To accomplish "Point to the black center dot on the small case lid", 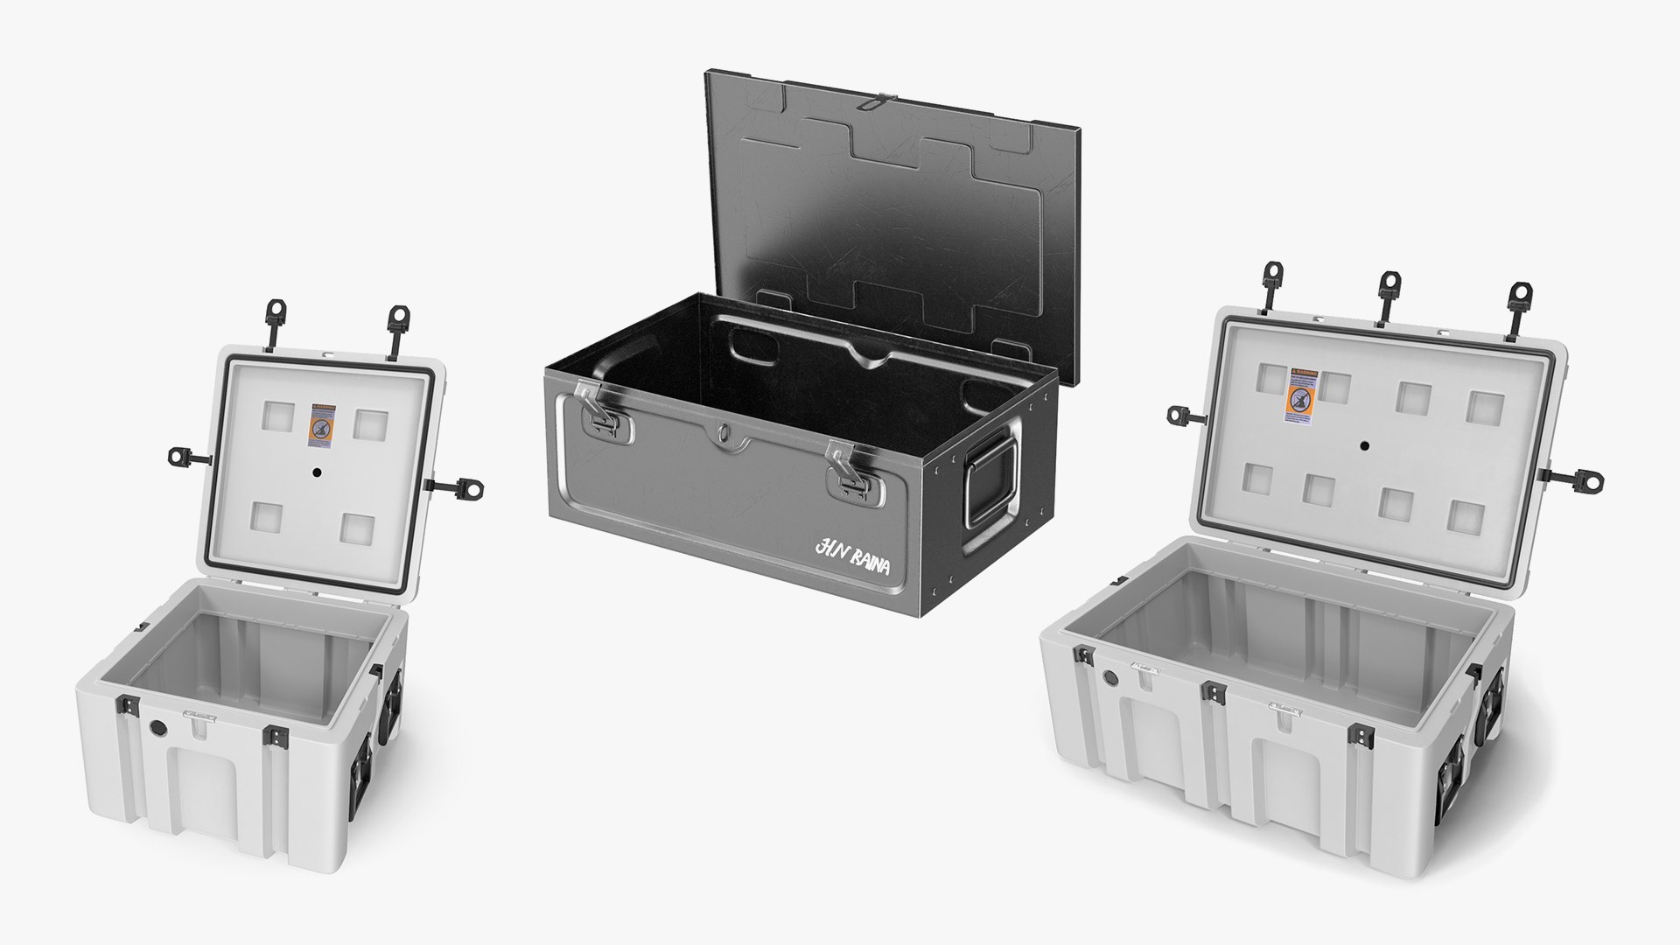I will pyautogui.click(x=317, y=472).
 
